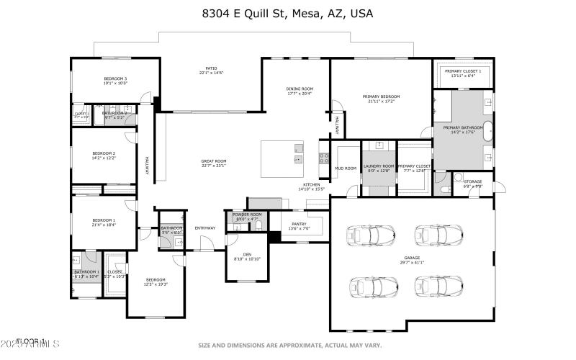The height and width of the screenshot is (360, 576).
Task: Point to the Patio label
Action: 211,68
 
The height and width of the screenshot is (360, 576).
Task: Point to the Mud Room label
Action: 346,168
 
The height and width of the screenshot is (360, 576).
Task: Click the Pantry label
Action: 298,224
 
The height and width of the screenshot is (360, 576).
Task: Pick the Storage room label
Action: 472,181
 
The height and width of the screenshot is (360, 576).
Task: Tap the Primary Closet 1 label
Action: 462,71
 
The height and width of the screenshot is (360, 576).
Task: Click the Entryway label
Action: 205,228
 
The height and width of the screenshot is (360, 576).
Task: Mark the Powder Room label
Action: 247,215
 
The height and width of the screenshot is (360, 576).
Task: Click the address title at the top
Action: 287,14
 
